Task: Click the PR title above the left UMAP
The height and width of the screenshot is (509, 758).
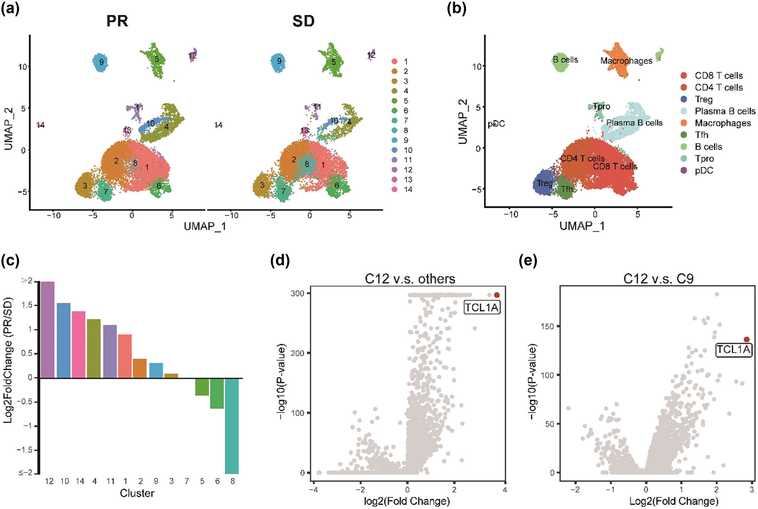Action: click(x=117, y=21)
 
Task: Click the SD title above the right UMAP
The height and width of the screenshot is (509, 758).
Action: click(x=303, y=21)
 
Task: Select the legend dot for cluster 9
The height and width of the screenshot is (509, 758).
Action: click(x=394, y=140)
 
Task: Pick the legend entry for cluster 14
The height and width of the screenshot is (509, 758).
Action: click(x=408, y=189)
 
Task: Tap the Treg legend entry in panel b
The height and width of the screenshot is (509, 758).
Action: click(x=703, y=99)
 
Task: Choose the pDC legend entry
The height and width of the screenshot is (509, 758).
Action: click(x=704, y=170)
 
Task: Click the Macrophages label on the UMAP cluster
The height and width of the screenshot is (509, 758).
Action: click(x=626, y=61)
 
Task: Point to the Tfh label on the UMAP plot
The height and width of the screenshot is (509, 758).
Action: click(x=567, y=189)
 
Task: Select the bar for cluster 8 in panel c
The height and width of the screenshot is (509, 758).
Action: click(x=232, y=425)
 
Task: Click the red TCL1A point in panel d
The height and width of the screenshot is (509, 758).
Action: click(x=497, y=295)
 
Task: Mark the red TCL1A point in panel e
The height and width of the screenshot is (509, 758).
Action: click(x=747, y=340)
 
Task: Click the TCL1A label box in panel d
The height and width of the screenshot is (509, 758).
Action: click(x=482, y=307)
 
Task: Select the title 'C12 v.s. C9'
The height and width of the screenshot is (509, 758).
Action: click(x=658, y=279)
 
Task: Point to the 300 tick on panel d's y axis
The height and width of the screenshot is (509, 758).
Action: click(x=298, y=293)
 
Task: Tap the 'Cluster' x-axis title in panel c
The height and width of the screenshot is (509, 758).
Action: click(x=137, y=493)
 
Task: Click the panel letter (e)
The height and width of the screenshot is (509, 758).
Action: click(x=528, y=261)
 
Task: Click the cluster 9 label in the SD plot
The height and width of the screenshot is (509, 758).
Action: click(x=279, y=61)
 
